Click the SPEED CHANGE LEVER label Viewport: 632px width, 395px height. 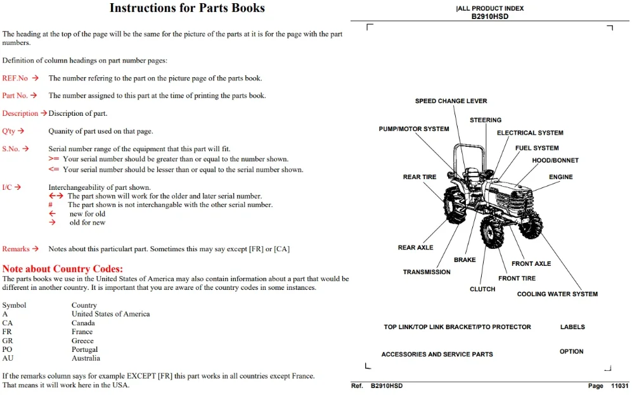click(451, 101)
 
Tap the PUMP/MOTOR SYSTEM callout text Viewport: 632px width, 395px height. click(413, 129)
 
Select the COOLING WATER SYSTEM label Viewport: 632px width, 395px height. click(557, 294)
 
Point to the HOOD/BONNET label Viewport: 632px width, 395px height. click(555, 160)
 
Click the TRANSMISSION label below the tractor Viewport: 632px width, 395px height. click(427, 272)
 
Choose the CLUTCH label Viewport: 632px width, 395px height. click(482, 289)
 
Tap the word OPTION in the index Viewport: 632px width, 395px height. click(571, 351)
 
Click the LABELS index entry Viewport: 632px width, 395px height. click(572, 327)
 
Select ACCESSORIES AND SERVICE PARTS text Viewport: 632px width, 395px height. click(437, 354)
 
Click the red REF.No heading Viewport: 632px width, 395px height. click(15, 78)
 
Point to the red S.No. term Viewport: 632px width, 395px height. click(11, 149)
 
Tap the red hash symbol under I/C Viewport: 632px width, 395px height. click(50, 204)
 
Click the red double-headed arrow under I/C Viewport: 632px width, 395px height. click(56, 196)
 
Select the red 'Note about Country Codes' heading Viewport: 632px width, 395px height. click(63, 268)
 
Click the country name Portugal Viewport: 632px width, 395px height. click(84, 349)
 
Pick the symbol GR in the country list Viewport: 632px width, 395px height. click(7, 341)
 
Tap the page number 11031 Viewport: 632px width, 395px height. click(619, 386)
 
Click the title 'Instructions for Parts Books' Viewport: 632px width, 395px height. click(187, 8)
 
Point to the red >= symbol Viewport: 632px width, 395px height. click(54, 159)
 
